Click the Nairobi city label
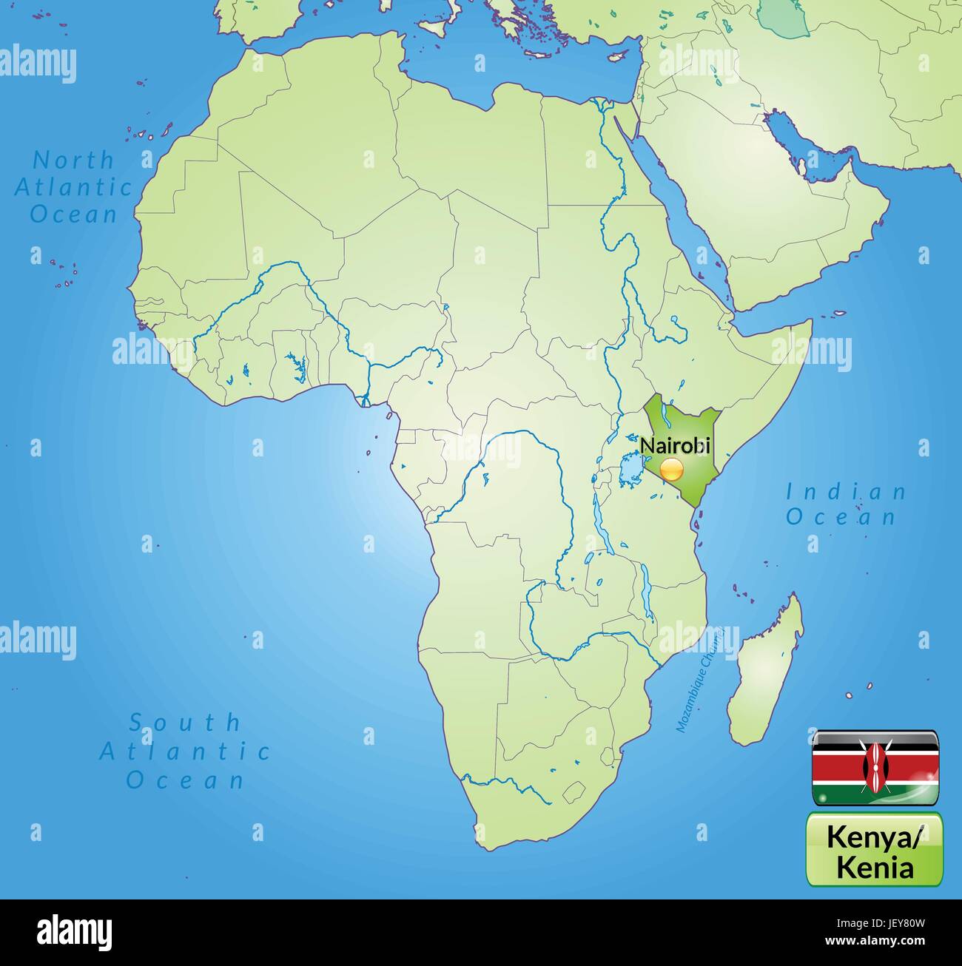coord(675,446)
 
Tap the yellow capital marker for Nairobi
coord(672,469)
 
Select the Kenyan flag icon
coord(876,768)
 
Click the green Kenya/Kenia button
coord(874,849)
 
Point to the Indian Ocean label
coord(845,504)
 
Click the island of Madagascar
coord(767,666)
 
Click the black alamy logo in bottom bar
coord(74,932)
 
